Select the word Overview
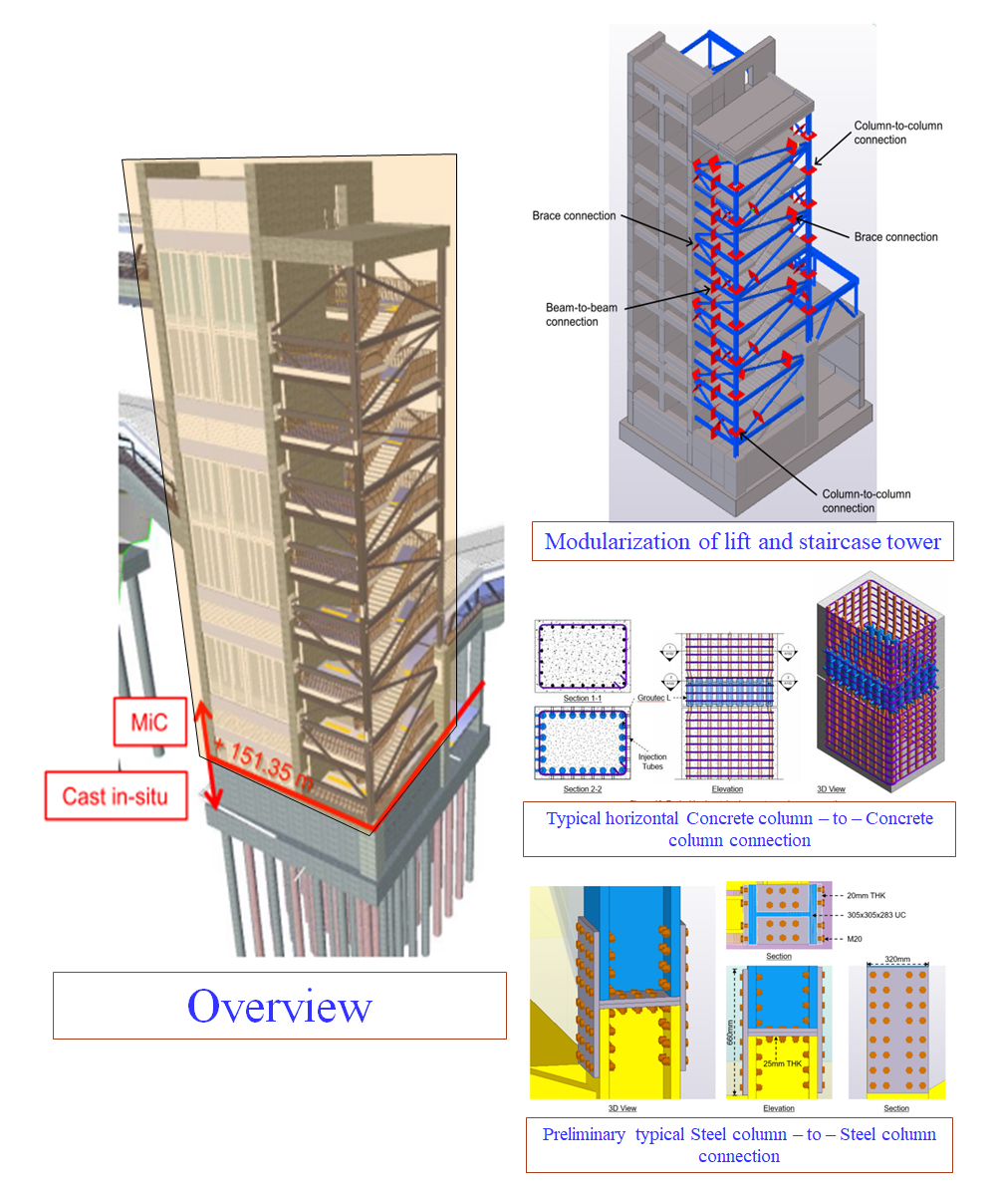(279, 1007)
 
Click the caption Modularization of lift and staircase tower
(742, 542)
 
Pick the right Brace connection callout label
(895, 237)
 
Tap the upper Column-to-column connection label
(897, 133)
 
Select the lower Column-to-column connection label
(866, 500)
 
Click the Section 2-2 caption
(582, 789)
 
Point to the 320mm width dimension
(896, 954)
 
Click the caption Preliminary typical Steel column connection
(739, 1145)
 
